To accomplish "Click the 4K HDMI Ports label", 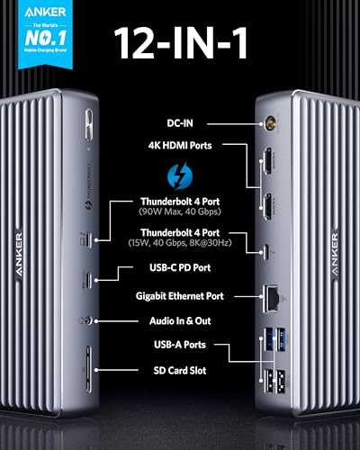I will coord(185,142).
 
